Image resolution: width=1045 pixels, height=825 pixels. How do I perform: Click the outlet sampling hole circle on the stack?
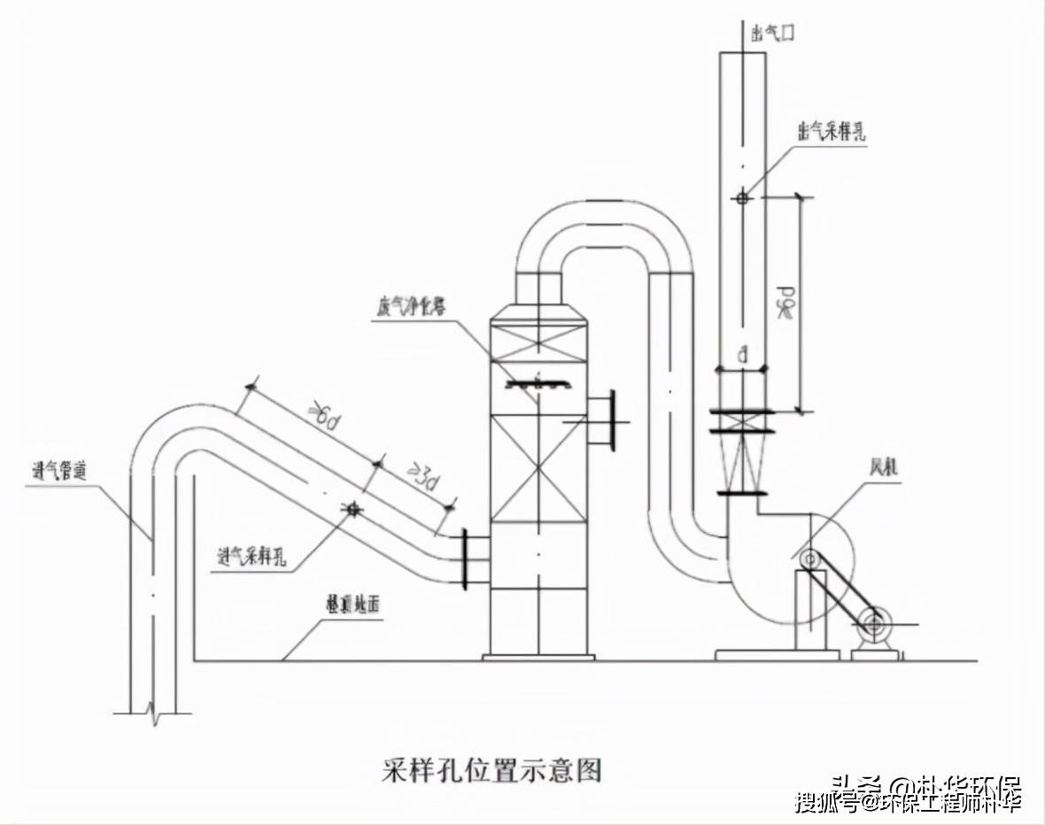click(742, 197)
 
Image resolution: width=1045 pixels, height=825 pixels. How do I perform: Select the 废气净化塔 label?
click(410, 306)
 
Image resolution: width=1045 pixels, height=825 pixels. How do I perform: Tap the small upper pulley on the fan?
click(809, 559)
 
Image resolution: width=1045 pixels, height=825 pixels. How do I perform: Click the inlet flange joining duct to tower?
click(463, 558)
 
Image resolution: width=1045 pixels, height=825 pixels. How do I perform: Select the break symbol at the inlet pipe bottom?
click(156, 713)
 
